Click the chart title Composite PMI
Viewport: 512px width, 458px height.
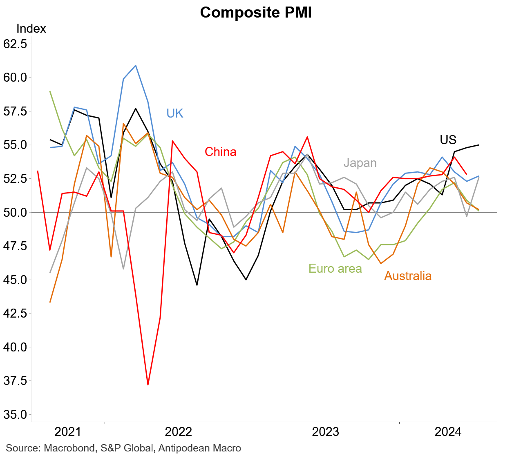point(256,13)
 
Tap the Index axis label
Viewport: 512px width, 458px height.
point(31,29)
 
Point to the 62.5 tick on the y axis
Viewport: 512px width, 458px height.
point(15,44)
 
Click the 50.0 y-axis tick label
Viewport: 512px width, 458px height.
point(15,212)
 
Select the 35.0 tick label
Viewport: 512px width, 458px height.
point(15,414)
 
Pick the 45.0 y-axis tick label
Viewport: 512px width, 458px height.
point(15,280)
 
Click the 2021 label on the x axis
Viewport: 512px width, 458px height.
point(68,432)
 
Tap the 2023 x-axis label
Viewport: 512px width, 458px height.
point(325,432)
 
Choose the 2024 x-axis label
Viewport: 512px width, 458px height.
point(448,432)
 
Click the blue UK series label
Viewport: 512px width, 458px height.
point(175,113)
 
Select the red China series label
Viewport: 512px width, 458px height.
point(221,152)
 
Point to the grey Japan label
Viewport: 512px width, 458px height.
point(360,163)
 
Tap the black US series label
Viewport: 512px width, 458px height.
point(448,140)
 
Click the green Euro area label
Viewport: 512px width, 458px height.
point(335,269)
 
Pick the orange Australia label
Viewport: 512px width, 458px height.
point(408,276)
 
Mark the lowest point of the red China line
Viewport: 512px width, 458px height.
point(148,385)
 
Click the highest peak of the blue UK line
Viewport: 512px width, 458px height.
point(136,65)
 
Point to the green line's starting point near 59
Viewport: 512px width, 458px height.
point(50,91)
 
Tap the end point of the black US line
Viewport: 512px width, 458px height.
point(478,145)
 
